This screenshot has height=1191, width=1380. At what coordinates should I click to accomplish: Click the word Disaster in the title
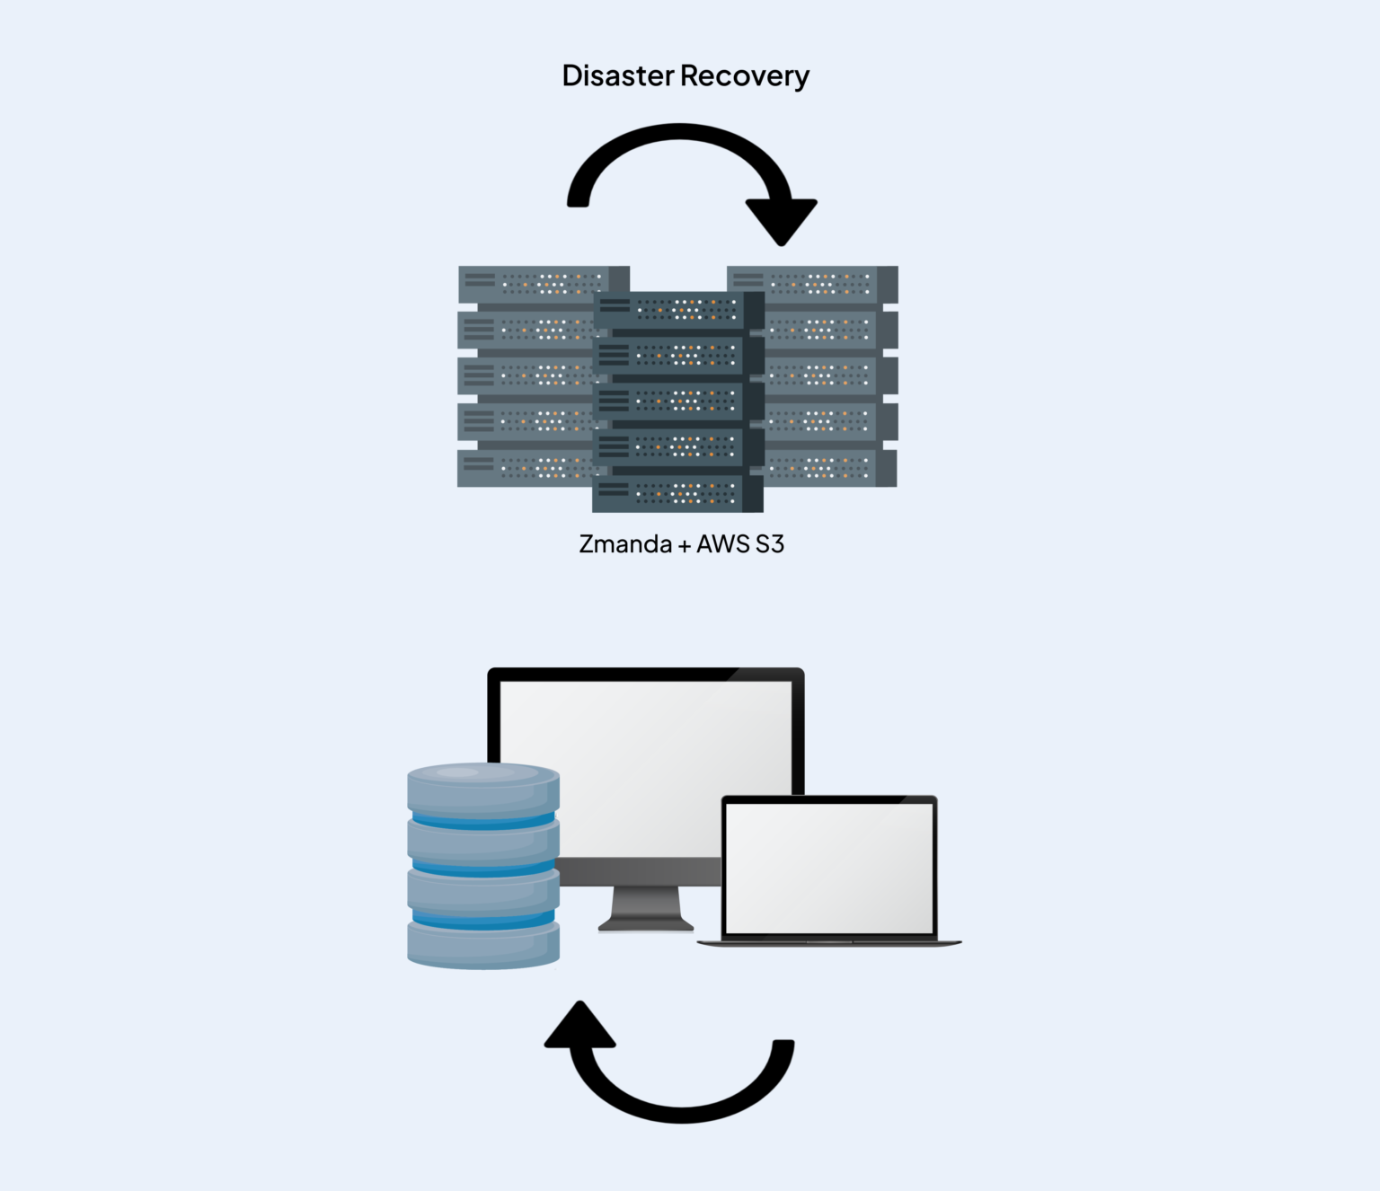pos(617,75)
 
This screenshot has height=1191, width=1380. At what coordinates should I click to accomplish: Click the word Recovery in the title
pos(745,76)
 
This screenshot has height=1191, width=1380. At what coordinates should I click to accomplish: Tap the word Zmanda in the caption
pos(625,544)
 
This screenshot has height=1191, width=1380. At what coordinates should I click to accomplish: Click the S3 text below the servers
pos(770,544)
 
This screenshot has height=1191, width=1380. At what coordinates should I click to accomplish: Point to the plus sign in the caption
pos(685,545)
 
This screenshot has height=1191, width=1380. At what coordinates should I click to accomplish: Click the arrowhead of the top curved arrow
pos(781,221)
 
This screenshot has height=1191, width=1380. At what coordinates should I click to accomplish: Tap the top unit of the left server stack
pos(530,285)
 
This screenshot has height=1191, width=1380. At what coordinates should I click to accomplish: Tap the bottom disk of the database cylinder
pos(483,945)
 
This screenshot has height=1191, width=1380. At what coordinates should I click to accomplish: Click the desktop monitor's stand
pos(645,908)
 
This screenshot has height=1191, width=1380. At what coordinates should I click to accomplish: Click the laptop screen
pos(828,867)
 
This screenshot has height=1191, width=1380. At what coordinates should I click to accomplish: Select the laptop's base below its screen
pos(828,942)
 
